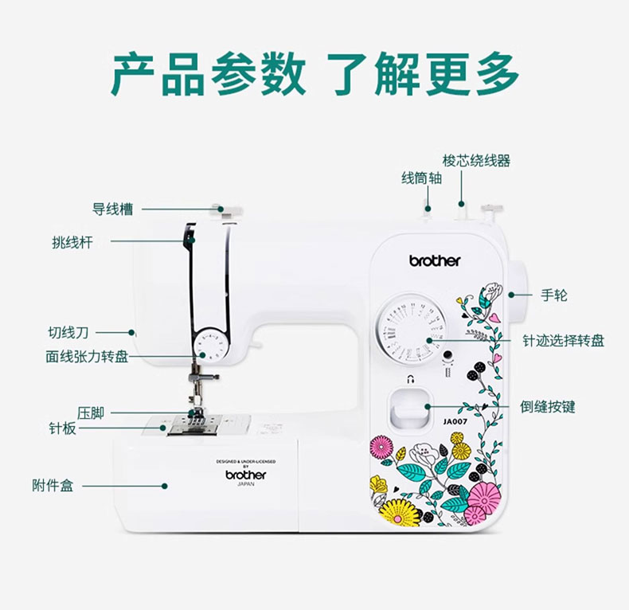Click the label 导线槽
[112, 209]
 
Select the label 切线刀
[68, 332]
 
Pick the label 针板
[63, 428]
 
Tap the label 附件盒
[53, 485]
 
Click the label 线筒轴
[421, 178]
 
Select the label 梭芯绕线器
[476, 161]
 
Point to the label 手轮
[554, 295]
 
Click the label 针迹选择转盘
[563, 341]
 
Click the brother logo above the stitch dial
[435, 260]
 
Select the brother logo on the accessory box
[246, 475]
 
